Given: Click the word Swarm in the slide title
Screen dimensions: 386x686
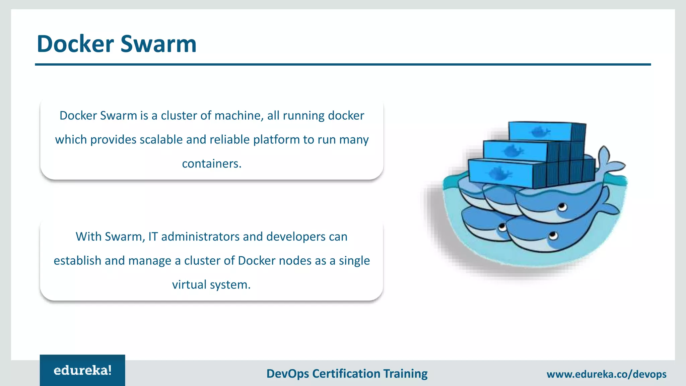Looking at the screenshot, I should [158, 44].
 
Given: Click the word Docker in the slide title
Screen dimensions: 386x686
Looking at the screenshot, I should [75, 44].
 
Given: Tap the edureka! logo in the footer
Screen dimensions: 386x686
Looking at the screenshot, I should [82, 370].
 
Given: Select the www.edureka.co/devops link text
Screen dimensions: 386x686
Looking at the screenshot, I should [606, 374].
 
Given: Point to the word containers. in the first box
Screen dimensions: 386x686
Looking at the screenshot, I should [212, 164].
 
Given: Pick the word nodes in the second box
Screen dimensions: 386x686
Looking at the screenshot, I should [295, 261].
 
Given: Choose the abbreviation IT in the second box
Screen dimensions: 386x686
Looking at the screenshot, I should [153, 237].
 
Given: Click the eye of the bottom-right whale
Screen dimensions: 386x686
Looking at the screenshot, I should [553, 236].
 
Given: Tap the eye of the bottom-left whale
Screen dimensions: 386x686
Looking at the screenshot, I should [502, 228].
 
